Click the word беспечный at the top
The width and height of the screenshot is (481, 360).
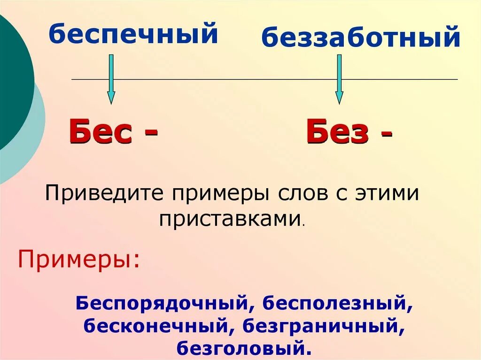coord(134,34)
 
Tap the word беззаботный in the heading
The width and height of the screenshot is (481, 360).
coord(360,38)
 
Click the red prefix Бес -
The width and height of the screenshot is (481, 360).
coord(113,133)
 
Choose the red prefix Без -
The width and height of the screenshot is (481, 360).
coord(349,133)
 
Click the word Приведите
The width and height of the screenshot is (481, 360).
coord(104,193)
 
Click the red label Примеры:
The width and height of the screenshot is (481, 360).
coord(79,260)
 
